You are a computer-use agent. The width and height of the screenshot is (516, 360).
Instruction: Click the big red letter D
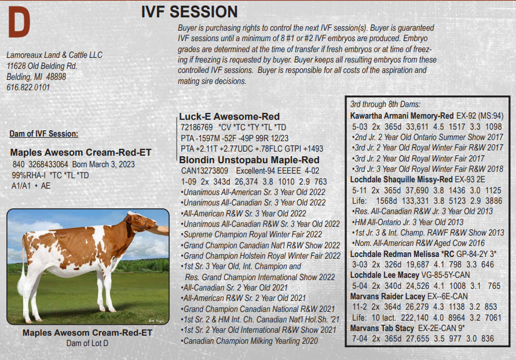pos(19,22)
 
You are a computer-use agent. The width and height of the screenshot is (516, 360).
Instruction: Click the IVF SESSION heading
pos(189,12)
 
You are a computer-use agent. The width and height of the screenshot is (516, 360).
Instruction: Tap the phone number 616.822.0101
pos(28,87)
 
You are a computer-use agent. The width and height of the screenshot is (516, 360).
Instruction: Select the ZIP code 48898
pos(56,77)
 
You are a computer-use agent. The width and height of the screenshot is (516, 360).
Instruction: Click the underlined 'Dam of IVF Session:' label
pos(44,134)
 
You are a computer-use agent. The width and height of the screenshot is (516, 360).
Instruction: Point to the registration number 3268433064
pos(48,164)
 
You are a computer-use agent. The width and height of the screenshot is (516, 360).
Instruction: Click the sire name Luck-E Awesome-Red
pos(229,116)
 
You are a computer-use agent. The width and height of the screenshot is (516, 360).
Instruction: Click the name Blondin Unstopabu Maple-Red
pos(249,160)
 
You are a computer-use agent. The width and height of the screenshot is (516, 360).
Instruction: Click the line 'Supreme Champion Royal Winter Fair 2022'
pos(251,234)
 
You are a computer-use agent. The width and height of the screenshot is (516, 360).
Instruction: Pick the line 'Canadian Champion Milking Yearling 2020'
pos(250,341)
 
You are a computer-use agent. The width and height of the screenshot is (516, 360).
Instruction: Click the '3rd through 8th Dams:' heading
pos(385,104)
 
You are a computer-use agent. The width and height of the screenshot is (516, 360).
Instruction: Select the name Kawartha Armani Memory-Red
pos(402,116)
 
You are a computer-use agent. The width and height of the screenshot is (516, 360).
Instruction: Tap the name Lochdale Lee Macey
pos(385,275)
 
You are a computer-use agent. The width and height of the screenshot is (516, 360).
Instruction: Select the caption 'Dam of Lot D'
pos(87,343)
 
